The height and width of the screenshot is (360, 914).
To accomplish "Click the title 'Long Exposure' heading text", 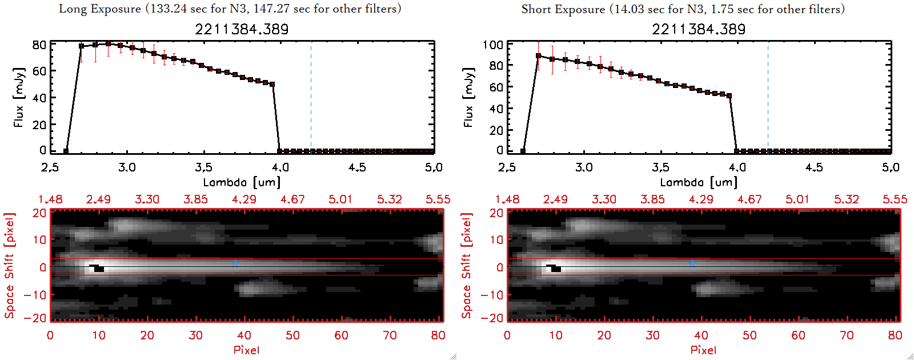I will pos(100,9).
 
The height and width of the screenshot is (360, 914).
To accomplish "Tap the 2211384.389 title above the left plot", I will pos(242,29).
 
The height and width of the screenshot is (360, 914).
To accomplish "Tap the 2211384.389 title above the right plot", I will pos(699,29).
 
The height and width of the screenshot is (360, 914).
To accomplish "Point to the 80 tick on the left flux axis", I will pos(39,45).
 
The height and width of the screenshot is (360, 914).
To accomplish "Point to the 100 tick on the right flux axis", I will pos(492,45).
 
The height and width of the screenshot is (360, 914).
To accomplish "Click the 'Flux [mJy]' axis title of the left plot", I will pos(19,97).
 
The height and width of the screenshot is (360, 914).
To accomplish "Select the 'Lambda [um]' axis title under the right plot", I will pos(699,182).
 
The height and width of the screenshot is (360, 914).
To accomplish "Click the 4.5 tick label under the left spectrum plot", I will pos(357,167).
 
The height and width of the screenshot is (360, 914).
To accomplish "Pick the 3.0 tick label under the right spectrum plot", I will pos(584,167).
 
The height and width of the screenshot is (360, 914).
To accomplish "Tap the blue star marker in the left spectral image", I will pos(235,263).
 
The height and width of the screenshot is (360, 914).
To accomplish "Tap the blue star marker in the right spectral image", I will pos(692,263).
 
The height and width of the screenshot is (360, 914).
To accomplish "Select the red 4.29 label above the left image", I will pos(244,199).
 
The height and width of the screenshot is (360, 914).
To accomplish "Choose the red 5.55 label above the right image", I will pos(895,199).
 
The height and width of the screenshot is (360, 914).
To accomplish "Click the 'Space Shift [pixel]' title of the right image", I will pos(467,266).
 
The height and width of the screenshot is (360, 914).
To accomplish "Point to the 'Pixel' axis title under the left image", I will pos(246,350).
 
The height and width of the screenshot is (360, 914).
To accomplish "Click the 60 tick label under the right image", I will pos(798,335).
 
